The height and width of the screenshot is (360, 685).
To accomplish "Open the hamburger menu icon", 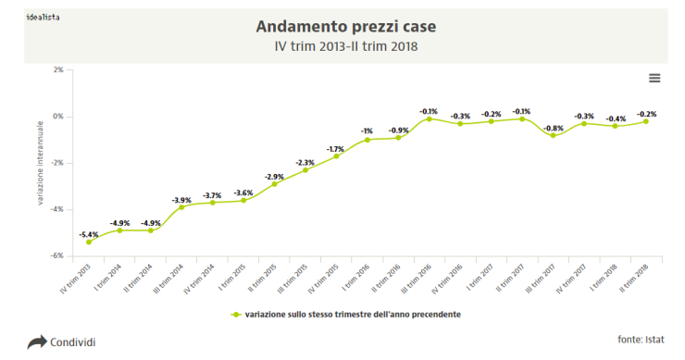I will click(x=654, y=78).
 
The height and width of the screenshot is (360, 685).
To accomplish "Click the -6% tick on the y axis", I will click(x=57, y=256).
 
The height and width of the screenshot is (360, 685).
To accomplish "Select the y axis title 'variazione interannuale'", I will click(x=42, y=163).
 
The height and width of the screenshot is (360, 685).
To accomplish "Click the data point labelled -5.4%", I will click(x=89, y=242).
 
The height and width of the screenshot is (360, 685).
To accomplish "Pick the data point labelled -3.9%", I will click(x=181, y=206).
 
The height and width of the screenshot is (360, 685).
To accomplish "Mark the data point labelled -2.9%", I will click(x=274, y=183).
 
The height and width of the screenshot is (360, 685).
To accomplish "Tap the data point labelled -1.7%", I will click(x=336, y=155).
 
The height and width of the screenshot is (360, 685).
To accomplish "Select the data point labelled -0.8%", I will click(x=553, y=135).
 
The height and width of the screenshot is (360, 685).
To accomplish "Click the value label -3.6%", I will click(x=243, y=192).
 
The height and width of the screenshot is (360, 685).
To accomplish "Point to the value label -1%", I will click(x=367, y=130).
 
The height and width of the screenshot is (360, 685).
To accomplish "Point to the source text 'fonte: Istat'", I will click(x=641, y=339).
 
